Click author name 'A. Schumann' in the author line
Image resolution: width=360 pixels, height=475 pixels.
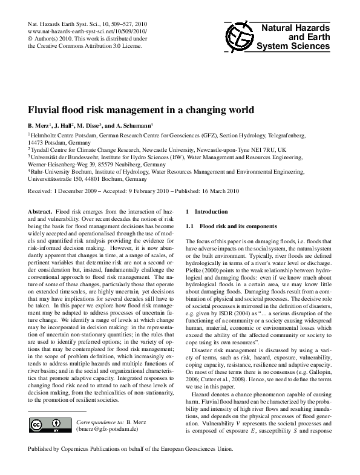(x=134, y=126)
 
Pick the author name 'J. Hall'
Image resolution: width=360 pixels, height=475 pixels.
(x=62, y=126)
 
